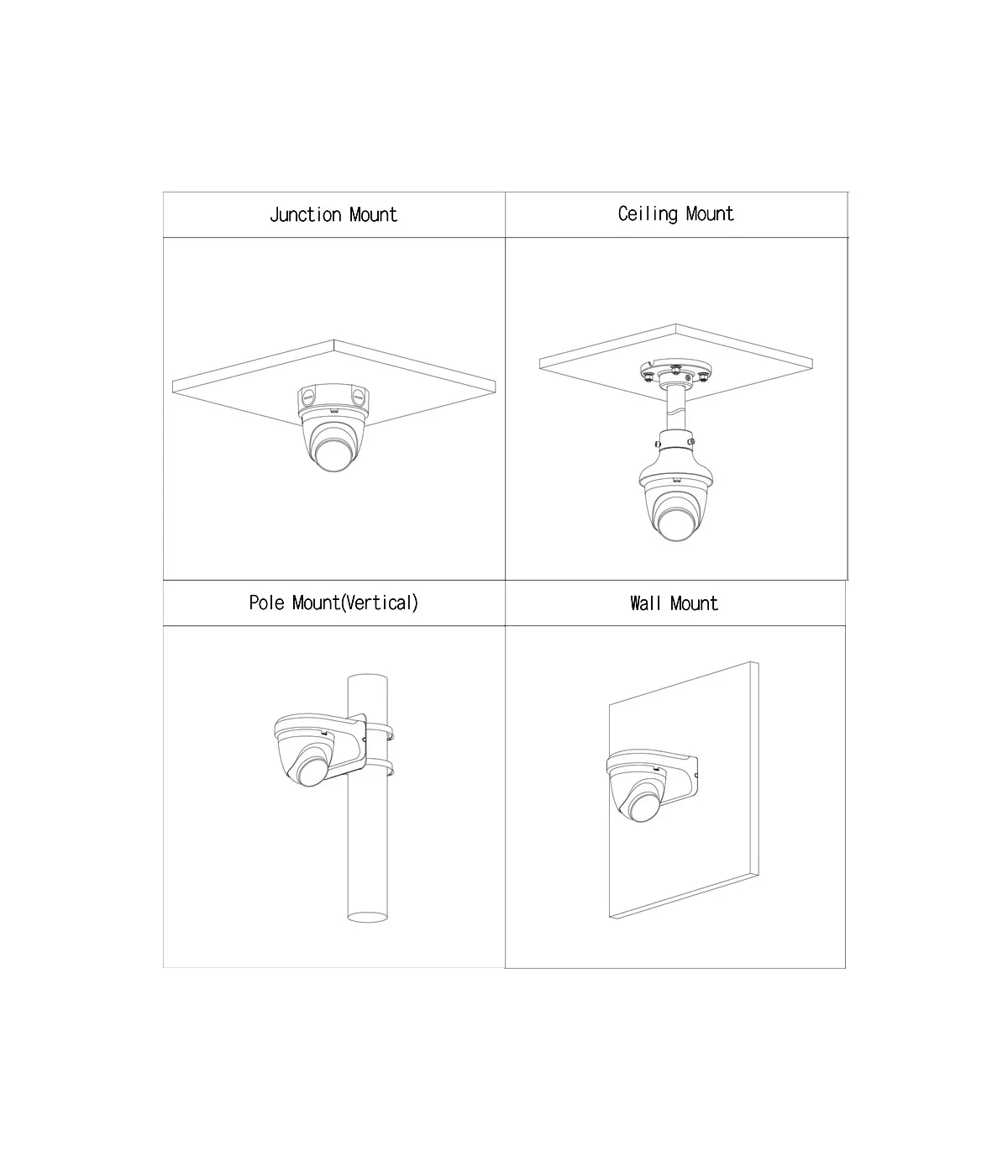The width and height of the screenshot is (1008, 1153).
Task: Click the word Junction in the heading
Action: [306, 214]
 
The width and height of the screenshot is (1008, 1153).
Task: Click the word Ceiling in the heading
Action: [648, 214]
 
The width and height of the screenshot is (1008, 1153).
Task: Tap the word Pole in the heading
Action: [266, 603]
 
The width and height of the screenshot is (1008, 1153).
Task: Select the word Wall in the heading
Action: [645, 603]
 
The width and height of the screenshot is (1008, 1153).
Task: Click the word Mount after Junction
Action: [373, 214]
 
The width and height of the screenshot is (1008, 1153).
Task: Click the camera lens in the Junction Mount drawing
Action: [333, 453]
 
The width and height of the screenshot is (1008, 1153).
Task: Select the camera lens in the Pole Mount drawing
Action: [309, 771]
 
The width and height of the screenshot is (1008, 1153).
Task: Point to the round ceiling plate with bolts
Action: [675, 371]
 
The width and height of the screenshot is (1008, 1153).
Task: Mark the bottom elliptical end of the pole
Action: [368, 918]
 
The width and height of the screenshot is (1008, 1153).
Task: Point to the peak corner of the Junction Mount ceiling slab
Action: [334, 340]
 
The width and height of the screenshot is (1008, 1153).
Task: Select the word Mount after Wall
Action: [694, 603]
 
